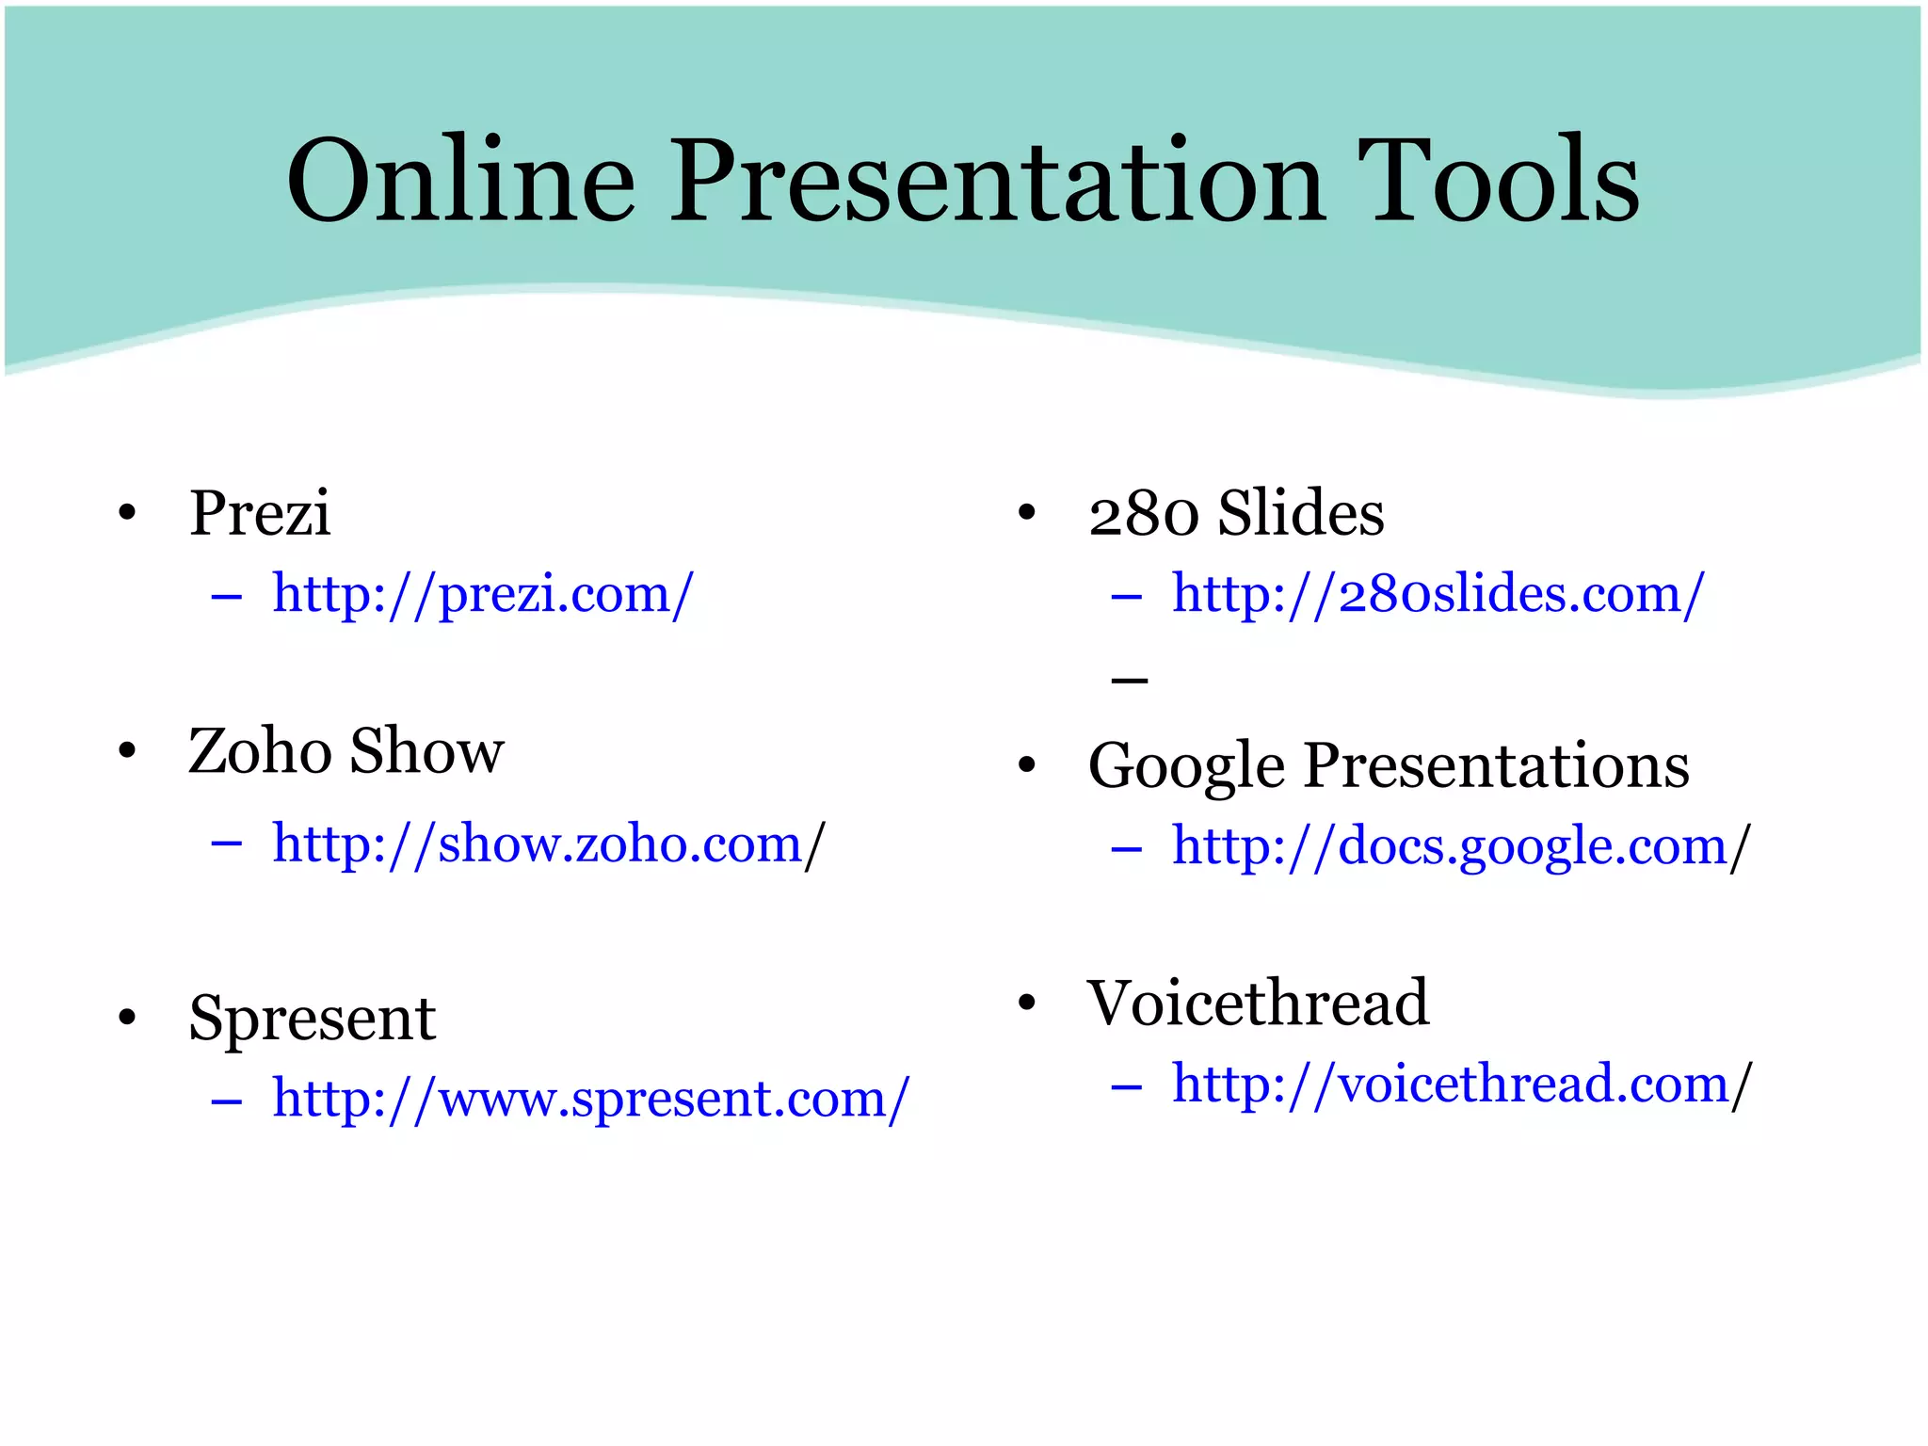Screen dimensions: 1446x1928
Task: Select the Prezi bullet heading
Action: pyautogui.click(x=260, y=514)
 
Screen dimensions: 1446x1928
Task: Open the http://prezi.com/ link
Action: pyautogui.click(x=482, y=595)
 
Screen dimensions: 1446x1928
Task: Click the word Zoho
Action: pyautogui.click(x=260, y=751)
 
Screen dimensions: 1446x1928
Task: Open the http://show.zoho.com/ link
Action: pyautogui.click(x=537, y=843)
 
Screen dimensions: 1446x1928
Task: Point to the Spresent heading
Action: pyautogui.click(x=313, y=1019)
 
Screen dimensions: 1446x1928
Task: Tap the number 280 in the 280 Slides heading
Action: pyautogui.click(x=1143, y=515)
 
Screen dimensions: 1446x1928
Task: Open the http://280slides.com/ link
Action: pyautogui.click(x=1437, y=595)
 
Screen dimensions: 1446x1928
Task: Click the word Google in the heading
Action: pyautogui.click(x=1185, y=765)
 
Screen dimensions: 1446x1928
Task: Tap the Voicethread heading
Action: pyautogui.click(x=1258, y=1004)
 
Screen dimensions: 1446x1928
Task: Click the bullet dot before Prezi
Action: pyautogui.click(x=127, y=514)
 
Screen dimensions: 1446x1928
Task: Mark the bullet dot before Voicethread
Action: pyautogui.click(x=1026, y=1004)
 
